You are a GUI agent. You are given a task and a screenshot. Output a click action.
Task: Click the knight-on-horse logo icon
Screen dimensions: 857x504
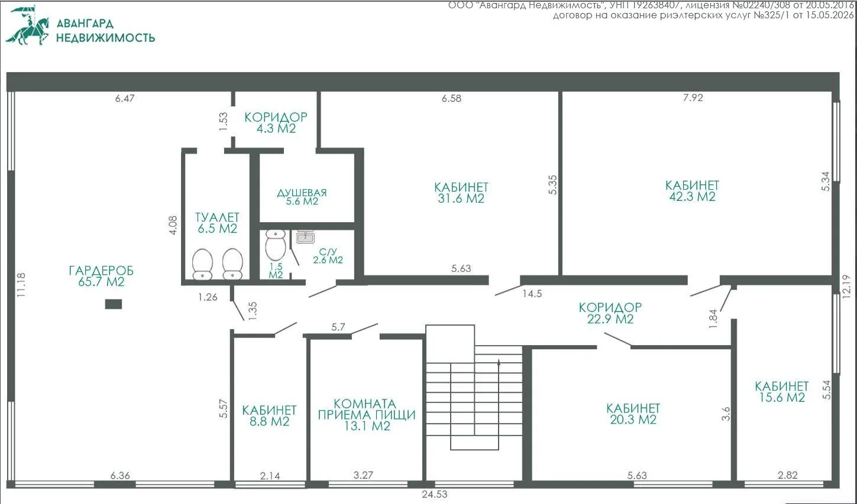point(28,25)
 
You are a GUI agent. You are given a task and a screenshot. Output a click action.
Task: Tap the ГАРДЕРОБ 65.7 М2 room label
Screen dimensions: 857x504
point(101,276)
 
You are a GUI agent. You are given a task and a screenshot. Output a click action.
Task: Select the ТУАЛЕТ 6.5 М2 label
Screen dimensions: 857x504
point(217,223)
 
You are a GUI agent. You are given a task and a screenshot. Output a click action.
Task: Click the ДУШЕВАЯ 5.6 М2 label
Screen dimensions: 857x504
point(302,197)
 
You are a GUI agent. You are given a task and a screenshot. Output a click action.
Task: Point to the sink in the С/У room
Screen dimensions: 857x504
point(305,238)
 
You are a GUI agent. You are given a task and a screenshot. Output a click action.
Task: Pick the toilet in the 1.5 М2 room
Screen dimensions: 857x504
point(276,245)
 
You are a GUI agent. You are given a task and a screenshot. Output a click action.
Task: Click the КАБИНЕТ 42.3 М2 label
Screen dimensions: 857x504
point(692,191)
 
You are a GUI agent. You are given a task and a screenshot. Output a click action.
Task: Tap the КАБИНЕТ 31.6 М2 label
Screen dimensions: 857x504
point(461,193)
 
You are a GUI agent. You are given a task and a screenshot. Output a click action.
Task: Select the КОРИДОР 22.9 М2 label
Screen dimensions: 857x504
point(610,313)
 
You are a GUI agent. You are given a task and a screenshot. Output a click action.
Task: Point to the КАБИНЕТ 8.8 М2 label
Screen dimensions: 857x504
point(269,416)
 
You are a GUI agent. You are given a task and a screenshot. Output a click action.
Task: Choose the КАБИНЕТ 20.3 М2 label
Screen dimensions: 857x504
point(633,414)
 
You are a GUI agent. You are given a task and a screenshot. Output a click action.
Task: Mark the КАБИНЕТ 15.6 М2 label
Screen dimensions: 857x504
point(782,392)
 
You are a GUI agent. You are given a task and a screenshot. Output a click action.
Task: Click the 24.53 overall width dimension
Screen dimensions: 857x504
point(435,495)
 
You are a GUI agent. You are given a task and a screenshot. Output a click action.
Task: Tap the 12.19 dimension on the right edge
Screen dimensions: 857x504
point(846,287)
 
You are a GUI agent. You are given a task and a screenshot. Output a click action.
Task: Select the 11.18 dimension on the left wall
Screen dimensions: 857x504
point(21,285)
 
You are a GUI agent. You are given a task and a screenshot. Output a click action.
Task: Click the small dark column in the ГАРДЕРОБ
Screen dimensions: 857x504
point(114,304)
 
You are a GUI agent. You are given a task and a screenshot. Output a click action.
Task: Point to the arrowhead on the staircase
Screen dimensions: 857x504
point(499,362)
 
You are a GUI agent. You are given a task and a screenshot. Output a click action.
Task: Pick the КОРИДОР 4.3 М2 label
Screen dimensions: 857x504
point(276,123)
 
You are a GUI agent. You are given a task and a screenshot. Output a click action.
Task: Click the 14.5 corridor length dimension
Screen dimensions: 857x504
point(532,294)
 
